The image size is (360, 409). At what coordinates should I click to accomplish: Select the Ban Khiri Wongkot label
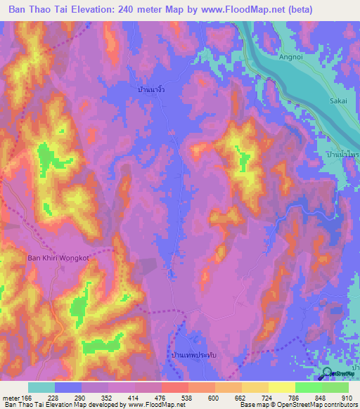[58, 258]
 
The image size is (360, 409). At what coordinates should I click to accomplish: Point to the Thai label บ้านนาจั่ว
[151, 91]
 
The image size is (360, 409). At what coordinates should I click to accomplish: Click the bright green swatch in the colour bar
[308, 387]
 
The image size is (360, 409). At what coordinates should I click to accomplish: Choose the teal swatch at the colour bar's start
[41, 387]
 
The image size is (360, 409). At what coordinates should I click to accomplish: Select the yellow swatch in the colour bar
[281, 387]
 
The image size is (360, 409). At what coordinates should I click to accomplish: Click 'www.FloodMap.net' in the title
[229, 10]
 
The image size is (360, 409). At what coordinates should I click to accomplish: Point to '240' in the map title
[132, 10]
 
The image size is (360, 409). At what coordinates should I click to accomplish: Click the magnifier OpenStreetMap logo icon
[328, 373]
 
